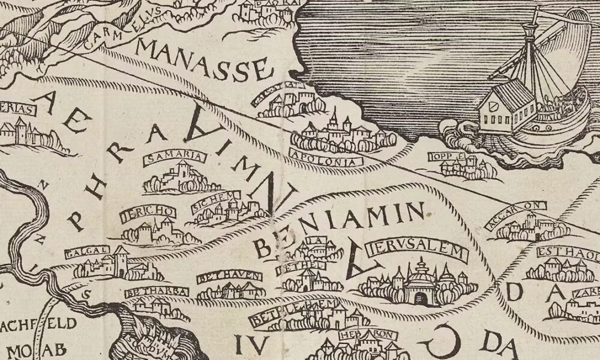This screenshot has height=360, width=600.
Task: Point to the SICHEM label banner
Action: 216,202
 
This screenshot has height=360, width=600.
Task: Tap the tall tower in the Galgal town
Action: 122,260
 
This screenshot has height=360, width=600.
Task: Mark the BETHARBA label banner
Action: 156,292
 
